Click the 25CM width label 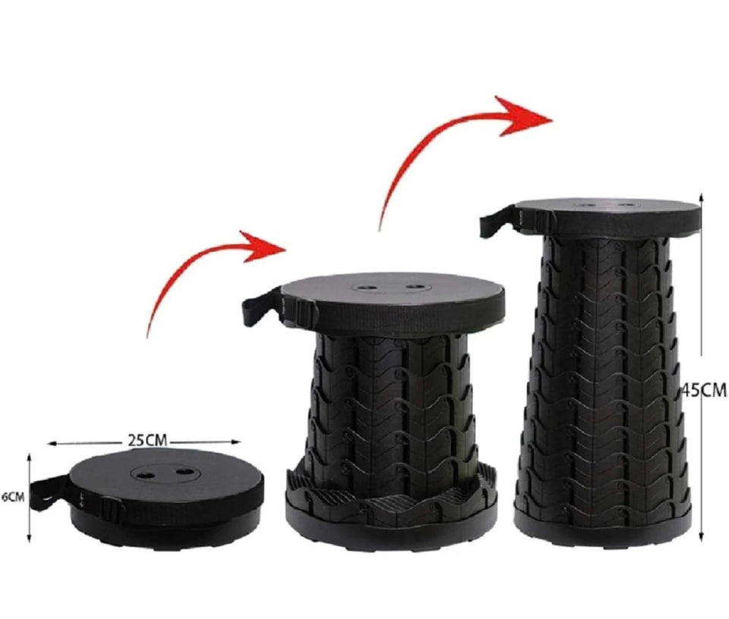click(147, 439)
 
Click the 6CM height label click(12, 497)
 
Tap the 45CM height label click(705, 390)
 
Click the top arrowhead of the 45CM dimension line click(702, 198)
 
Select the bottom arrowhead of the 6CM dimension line click(30, 538)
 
